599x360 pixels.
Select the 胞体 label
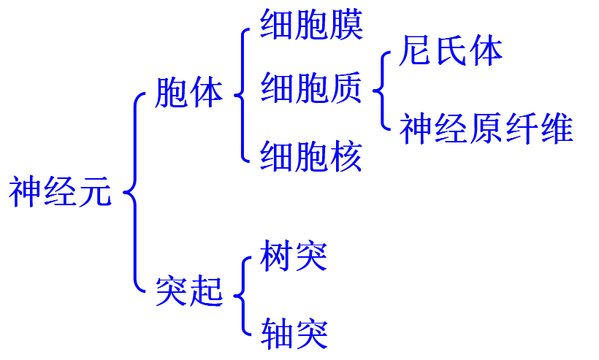coord(189,93)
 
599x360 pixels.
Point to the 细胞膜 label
coord(311,26)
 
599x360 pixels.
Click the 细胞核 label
coord(311,156)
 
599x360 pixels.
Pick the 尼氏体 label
coord(451,52)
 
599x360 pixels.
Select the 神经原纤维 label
coord(486,129)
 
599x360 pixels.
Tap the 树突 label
coord(294,256)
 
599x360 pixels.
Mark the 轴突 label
coord(294,334)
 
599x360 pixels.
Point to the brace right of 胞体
coord(241,93)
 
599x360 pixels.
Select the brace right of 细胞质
coord(380,91)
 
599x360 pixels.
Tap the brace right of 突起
coord(241,295)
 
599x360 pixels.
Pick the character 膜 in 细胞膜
coord(346,26)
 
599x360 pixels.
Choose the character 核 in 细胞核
coord(346,156)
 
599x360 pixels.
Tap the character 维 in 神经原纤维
coord(556,129)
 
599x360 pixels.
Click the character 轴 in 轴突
coord(277,334)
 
